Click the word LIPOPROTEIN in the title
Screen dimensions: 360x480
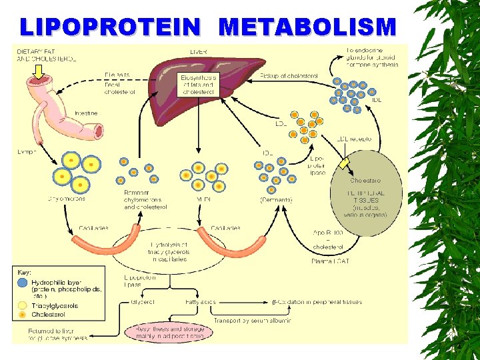109,27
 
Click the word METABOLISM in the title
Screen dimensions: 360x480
307,27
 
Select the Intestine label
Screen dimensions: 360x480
86,113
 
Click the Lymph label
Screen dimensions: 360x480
27,153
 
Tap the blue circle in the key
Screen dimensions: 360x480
23,282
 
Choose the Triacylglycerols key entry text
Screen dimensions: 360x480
56,306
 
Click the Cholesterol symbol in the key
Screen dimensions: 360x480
23,314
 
